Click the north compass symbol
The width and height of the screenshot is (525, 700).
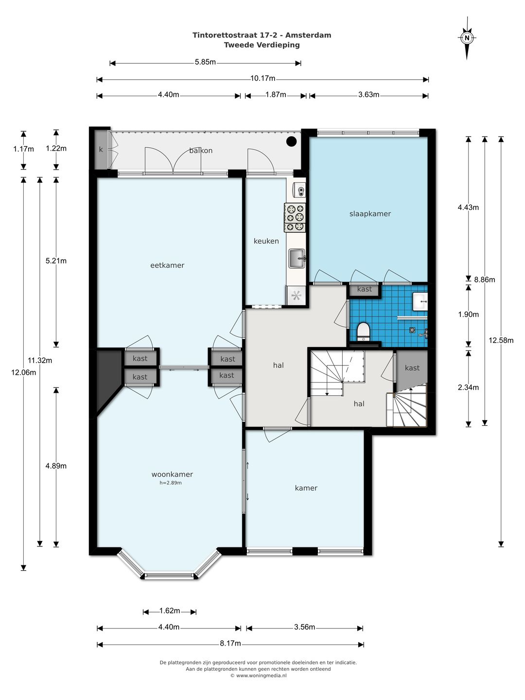click(467, 38)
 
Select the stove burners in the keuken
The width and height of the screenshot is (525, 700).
click(295, 217)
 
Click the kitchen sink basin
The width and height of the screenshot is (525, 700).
click(297, 258)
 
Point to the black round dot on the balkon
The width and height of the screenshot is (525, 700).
click(291, 141)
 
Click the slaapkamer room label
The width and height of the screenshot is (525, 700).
click(370, 214)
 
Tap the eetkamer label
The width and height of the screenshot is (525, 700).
click(167, 265)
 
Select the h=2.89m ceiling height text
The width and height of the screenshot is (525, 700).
click(171, 483)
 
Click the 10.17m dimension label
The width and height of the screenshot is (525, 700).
click(262, 78)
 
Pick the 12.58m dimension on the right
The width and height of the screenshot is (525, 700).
click(501, 340)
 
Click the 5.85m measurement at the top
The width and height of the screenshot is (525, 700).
click(205, 62)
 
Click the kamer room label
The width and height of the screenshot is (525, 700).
click(306, 488)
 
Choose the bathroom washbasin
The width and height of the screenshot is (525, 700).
click(420, 301)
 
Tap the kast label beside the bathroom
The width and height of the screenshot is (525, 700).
click(365, 289)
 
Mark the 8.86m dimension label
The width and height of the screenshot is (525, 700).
click(485, 280)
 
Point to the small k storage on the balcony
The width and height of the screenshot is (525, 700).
click(101, 149)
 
